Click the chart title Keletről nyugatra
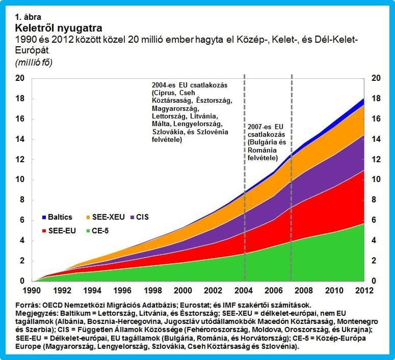(x=59, y=28)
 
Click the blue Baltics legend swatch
(x=44, y=217)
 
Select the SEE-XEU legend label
(x=108, y=217)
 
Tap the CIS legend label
(x=142, y=217)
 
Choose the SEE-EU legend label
(x=62, y=231)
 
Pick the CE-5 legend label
(x=100, y=231)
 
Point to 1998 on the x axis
(x=153, y=290)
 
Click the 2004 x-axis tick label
(x=243, y=290)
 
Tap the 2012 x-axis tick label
(x=364, y=290)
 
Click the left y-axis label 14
(x=20, y=139)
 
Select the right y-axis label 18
(x=376, y=98)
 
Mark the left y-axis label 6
(x=22, y=220)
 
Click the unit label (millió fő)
(x=34, y=63)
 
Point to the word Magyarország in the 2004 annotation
(x=176, y=109)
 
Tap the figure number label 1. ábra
(x=28, y=17)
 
